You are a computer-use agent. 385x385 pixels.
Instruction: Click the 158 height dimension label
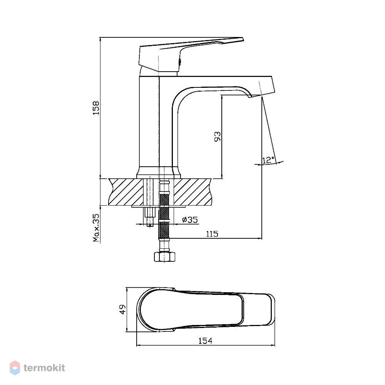tap(96, 108)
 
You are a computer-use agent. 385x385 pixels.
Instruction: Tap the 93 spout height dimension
tap(218, 137)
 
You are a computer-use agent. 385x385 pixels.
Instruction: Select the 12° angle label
tap(268, 160)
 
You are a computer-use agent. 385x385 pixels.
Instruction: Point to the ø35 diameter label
tap(190, 219)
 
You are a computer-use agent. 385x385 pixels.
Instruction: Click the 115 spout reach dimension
tap(212, 234)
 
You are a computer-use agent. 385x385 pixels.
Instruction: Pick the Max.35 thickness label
tap(96, 228)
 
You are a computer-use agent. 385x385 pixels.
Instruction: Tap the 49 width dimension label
tap(122, 310)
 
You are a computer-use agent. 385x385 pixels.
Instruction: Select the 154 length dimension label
tap(205, 341)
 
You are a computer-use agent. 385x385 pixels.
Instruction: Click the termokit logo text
tap(44, 368)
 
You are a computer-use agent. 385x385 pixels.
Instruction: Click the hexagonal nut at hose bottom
tap(164, 256)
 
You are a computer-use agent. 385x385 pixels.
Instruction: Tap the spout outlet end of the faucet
tap(261, 95)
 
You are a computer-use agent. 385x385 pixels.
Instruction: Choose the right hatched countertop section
tap(192, 192)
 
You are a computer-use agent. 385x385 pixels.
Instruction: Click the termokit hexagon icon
tap(15, 368)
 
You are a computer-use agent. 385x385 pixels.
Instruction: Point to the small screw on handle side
tap(180, 62)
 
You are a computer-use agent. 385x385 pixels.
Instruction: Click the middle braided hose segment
tap(164, 214)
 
